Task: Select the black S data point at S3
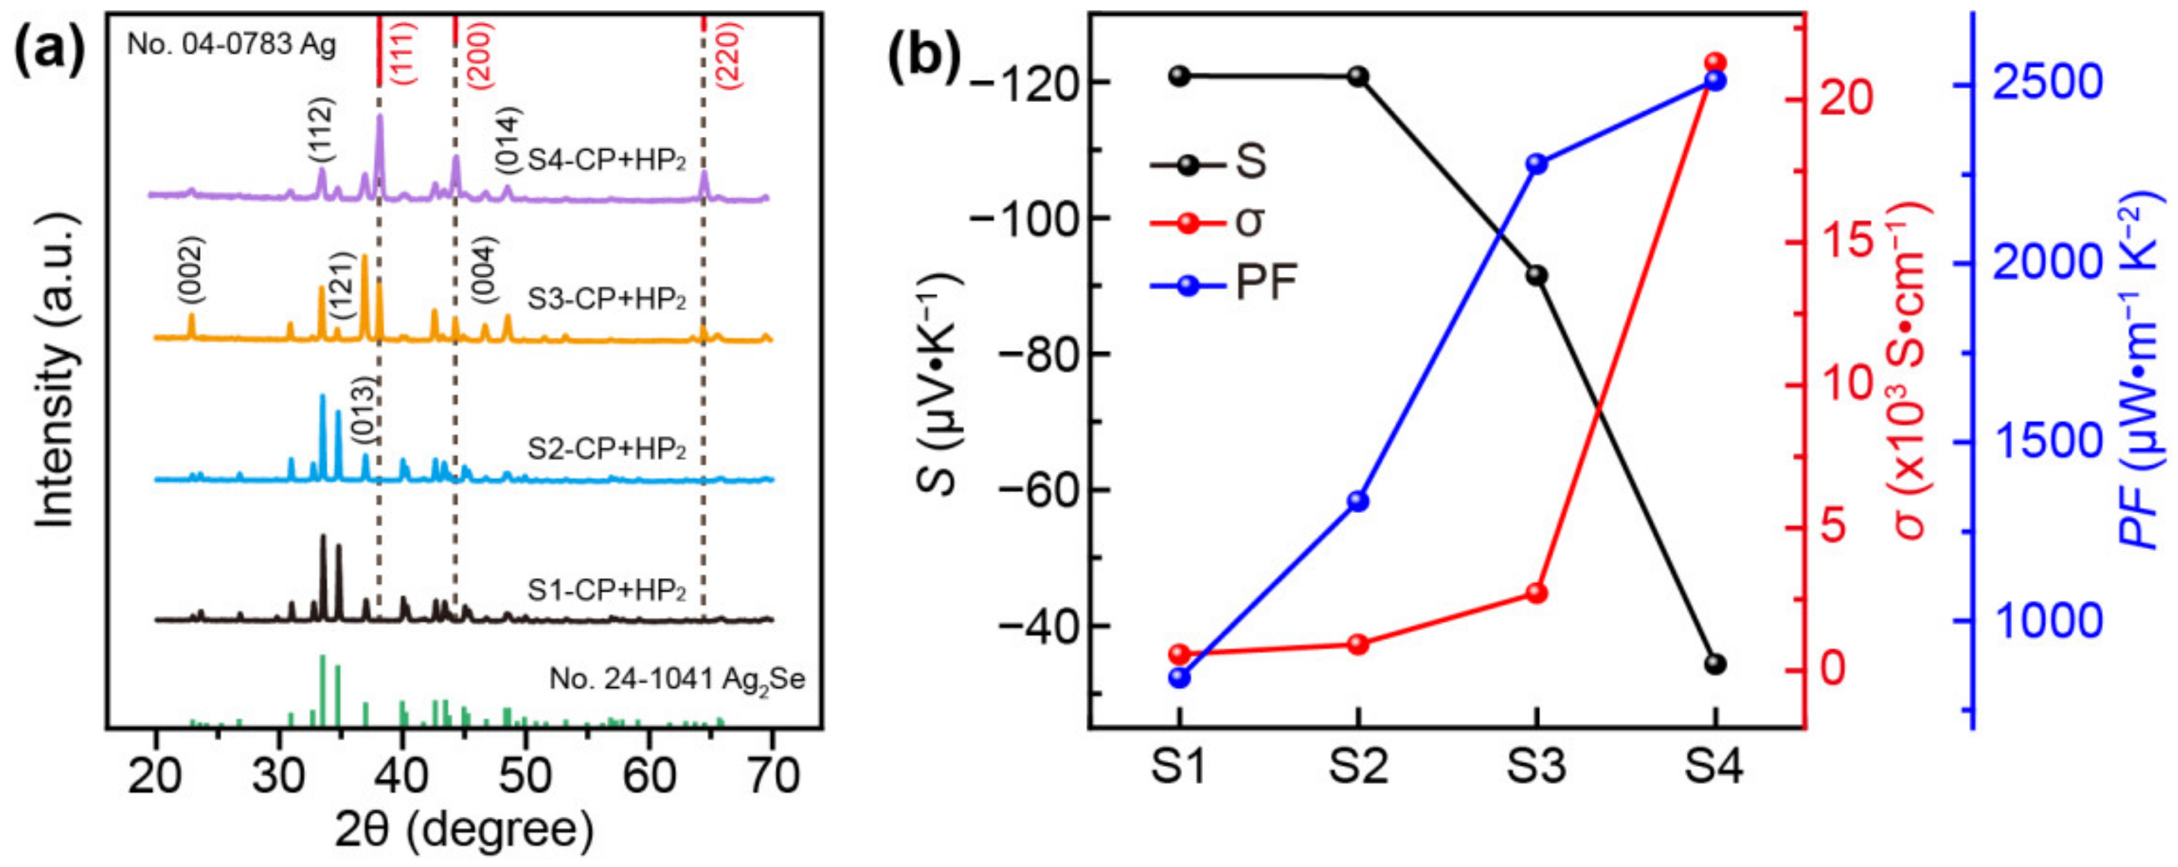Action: (1537, 276)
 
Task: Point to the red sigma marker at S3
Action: (1537, 594)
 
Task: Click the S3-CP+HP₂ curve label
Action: (606, 300)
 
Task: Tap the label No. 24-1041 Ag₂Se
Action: (677, 680)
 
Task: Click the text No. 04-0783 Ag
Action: (232, 44)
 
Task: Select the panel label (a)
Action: (51, 48)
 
